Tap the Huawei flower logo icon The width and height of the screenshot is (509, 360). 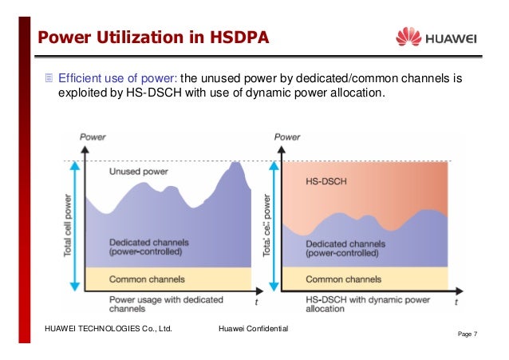pyautogui.click(x=408, y=37)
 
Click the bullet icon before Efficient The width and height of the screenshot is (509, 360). pyautogui.click(x=49, y=78)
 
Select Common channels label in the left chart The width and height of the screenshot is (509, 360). pyautogui.click(x=147, y=279)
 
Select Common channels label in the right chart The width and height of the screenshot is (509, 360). pyautogui.click(x=345, y=279)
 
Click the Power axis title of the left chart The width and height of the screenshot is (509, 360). pyautogui.click(x=93, y=137)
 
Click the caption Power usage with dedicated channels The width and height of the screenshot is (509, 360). pyautogui.click(x=155, y=303)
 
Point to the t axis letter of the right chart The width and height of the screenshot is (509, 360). pyautogui.click(x=456, y=303)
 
